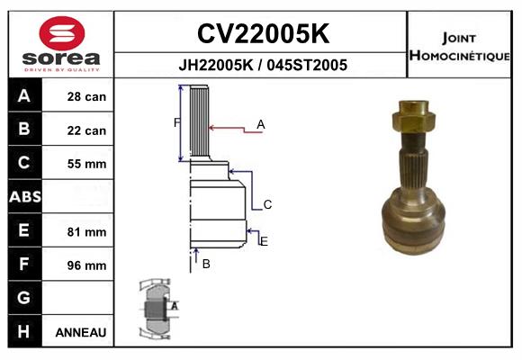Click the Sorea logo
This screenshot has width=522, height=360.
(x=61, y=46)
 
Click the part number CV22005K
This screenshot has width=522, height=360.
(x=262, y=33)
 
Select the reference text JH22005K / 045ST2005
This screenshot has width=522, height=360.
(x=262, y=65)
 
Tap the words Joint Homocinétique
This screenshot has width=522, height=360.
(x=461, y=46)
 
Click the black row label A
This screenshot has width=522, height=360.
(x=24, y=96)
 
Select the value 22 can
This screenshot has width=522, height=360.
(x=86, y=130)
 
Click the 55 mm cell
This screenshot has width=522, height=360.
(x=86, y=164)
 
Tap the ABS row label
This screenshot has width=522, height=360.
(x=24, y=197)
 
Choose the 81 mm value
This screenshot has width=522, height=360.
(x=86, y=232)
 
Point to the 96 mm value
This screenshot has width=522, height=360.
(x=86, y=265)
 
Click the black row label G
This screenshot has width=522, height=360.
(x=24, y=298)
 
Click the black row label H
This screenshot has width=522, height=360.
(x=24, y=331)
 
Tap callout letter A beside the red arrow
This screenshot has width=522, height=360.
(x=261, y=124)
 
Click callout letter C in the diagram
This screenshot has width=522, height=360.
(x=267, y=205)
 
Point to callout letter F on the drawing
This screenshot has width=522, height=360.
(x=176, y=122)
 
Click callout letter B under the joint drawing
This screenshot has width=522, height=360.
(x=206, y=264)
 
